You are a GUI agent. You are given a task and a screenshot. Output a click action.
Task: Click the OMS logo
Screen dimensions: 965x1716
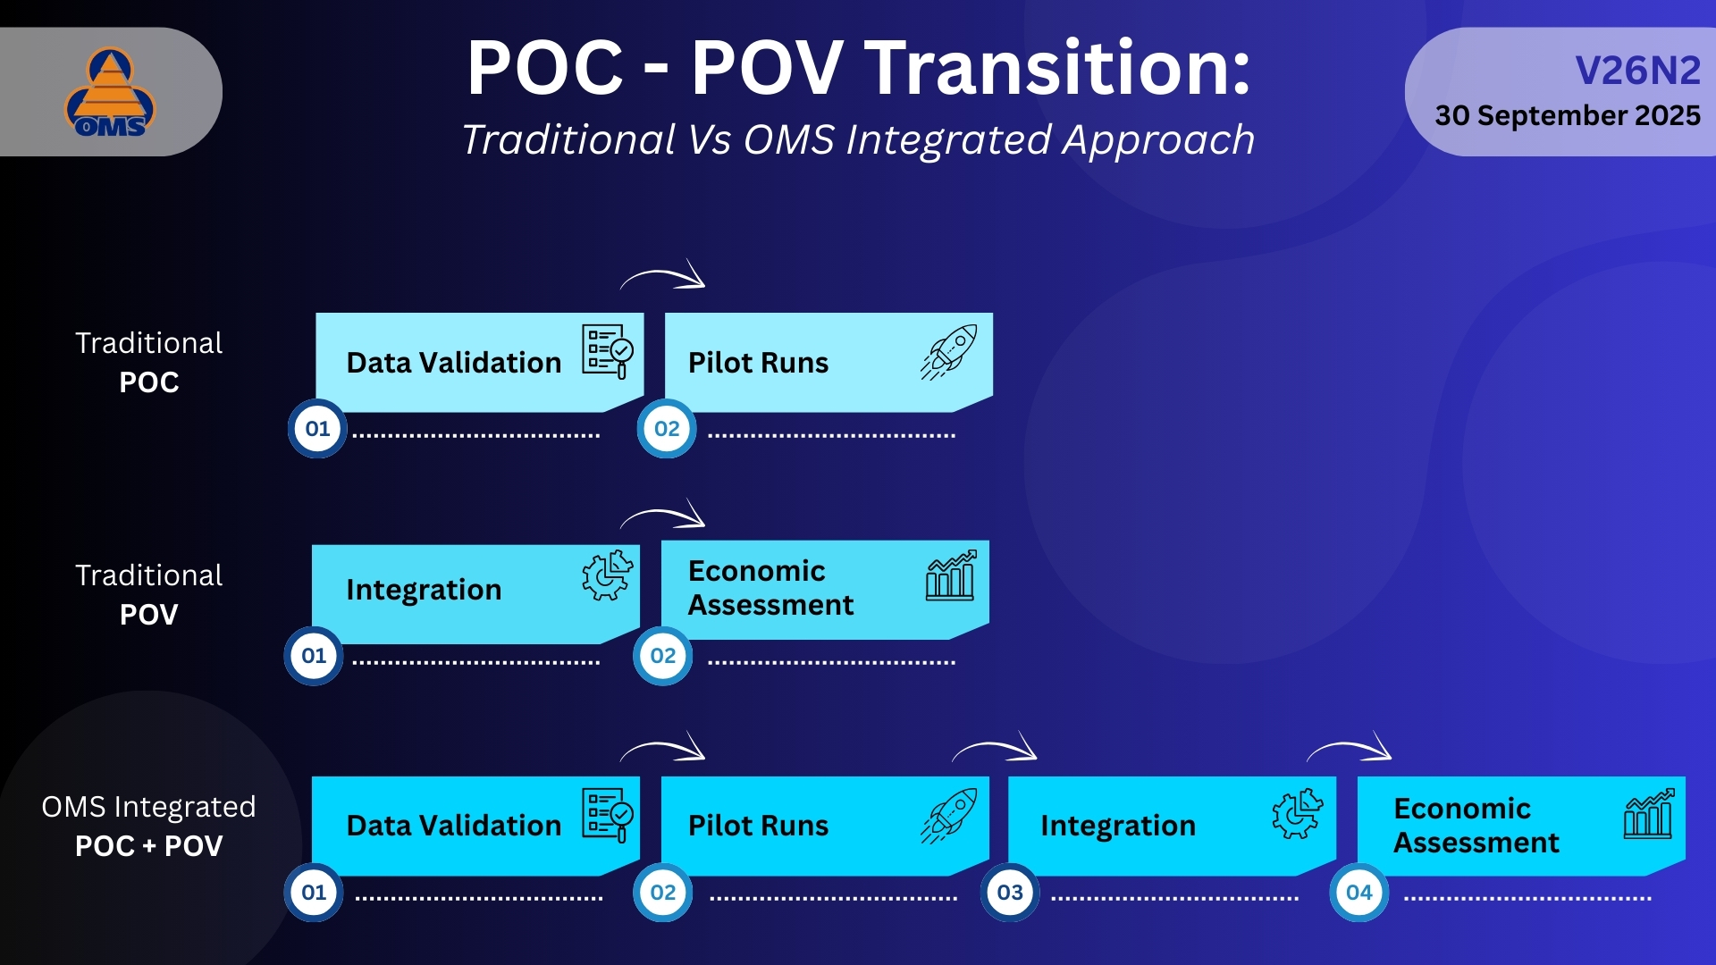(x=110, y=93)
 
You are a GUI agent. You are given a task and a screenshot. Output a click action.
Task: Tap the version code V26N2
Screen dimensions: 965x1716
(x=1636, y=71)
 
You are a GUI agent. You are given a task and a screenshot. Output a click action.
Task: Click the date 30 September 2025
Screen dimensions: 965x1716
(x=1567, y=115)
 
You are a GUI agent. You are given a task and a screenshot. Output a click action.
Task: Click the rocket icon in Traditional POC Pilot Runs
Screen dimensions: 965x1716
(x=949, y=352)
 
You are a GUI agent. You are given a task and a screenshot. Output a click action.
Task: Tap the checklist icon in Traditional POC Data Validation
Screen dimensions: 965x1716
(x=608, y=351)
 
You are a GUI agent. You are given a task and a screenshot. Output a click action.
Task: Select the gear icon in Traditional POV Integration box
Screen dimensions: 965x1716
(x=607, y=575)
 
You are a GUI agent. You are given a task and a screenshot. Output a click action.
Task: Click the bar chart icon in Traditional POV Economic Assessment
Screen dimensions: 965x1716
(x=950, y=575)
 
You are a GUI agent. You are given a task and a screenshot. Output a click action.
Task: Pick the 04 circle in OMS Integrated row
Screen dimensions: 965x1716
(x=1358, y=892)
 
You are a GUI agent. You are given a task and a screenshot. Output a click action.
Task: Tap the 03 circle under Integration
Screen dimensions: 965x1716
(x=1010, y=892)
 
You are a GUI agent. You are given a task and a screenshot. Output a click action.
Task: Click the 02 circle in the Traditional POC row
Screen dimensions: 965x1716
(x=667, y=428)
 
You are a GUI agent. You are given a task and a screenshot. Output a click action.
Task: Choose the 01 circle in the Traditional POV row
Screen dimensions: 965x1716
(x=314, y=656)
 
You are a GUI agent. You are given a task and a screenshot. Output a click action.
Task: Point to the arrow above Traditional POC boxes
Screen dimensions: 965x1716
(x=663, y=276)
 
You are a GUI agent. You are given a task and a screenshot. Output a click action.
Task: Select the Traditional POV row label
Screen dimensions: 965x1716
(x=149, y=595)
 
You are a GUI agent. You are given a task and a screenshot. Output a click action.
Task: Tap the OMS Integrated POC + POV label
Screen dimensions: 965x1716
(x=149, y=826)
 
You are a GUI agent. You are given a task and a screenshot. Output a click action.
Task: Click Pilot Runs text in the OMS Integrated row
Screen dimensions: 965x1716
(x=758, y=826)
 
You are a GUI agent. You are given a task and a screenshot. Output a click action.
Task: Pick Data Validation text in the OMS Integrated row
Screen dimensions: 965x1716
(x=453, y=826)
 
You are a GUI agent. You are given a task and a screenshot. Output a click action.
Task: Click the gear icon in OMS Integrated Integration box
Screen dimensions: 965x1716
(x=1297, y=813)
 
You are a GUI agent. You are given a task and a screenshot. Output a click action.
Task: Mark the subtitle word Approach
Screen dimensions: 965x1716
(x=1158, y=140)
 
